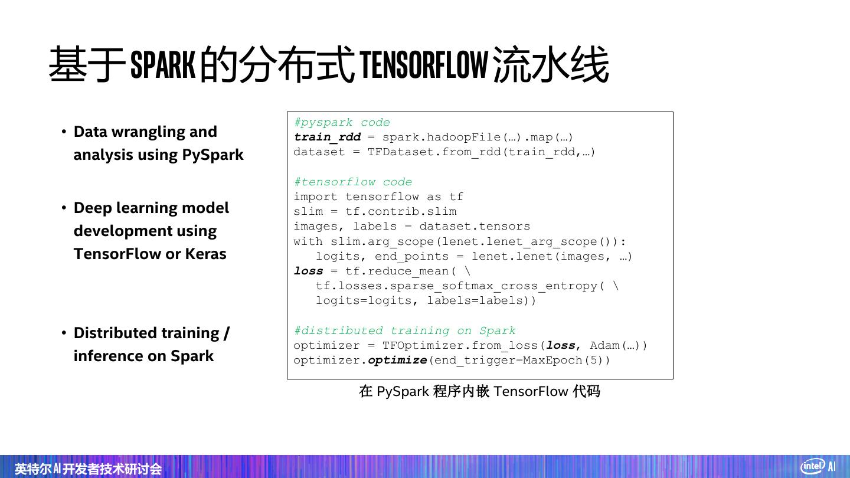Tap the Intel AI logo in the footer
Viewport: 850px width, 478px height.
coord(818,466)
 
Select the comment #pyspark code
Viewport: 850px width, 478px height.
coord(342,122)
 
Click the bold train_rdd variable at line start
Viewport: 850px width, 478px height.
coord(327,137)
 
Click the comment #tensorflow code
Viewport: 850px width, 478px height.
coord(353,182)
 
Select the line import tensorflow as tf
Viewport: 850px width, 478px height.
coord(378,197)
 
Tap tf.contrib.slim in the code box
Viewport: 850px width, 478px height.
coord(401,211)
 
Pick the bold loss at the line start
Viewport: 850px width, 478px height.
coord(309,271)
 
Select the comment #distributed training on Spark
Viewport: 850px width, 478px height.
coord(404,330)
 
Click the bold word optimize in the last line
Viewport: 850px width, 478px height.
coord(397,360)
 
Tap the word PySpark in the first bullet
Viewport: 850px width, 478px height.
coord(212,155)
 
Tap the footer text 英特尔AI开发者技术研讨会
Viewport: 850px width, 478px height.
coord(88,469)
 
